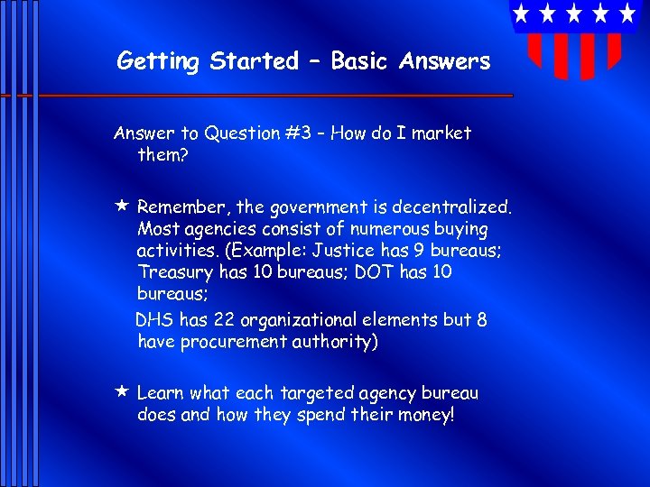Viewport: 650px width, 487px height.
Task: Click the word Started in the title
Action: [x=254, y=61]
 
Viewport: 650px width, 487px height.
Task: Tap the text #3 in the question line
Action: [x=301, y=133]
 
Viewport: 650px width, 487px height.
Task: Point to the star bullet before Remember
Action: [x=121, y=207]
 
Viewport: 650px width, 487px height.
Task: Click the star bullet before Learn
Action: [x=121, y=392]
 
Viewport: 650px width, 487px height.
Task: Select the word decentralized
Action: [x=460, y=207]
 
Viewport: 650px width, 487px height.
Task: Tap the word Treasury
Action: [x=172, y=272]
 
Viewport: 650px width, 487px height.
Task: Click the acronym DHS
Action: [x=153, y=320]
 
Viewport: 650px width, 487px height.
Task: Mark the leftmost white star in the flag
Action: [x=521, y=14]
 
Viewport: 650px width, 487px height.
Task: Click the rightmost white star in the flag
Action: [x=627, y=14]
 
